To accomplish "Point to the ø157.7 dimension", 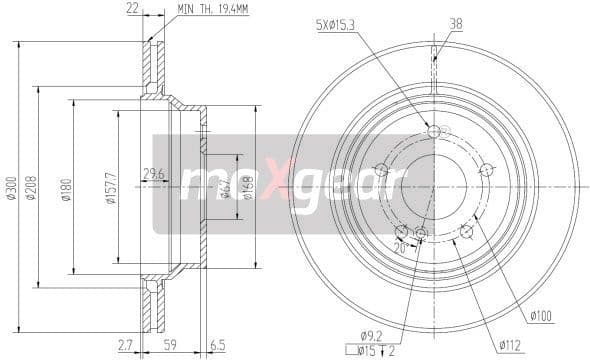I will tap(110, 191).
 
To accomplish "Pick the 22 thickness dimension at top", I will tap(132, 9).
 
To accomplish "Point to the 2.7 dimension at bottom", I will tap(125, 346).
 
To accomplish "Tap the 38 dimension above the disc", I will tap(455, 24).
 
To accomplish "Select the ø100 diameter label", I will tap(541, 318).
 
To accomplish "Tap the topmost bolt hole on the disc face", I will tap(433, 131).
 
